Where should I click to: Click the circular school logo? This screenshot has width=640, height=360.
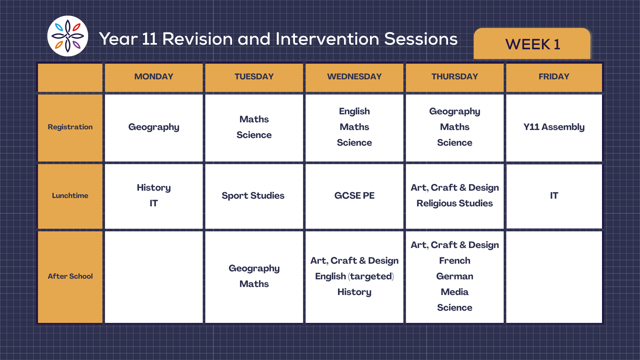68,36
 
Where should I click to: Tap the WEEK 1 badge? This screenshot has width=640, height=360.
532,44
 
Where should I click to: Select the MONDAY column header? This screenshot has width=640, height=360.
154,77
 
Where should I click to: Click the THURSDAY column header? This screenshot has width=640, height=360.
455,77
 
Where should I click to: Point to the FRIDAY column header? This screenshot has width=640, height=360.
554,77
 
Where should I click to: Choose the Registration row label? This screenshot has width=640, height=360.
70,127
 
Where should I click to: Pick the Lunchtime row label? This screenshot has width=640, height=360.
70,196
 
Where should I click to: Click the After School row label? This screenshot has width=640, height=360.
70,276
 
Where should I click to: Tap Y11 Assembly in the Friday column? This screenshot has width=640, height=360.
554,127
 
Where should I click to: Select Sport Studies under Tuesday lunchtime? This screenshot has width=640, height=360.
253,196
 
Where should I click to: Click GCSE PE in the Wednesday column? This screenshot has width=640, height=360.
354,196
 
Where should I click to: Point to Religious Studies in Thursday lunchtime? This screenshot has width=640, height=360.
455,203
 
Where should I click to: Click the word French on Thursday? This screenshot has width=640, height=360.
455,261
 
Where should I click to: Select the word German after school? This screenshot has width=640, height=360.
455,276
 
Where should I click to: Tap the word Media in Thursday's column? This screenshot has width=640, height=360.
455,292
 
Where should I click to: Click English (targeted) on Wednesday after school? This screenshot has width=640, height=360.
354,276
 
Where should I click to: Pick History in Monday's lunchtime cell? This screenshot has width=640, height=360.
154,188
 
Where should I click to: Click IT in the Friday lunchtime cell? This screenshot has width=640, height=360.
554,196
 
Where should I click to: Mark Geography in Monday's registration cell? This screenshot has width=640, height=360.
154,127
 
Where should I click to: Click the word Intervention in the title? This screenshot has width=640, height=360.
327,39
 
